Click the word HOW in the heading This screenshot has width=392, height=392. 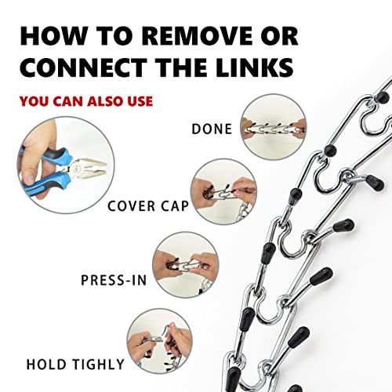coord(52,35)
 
